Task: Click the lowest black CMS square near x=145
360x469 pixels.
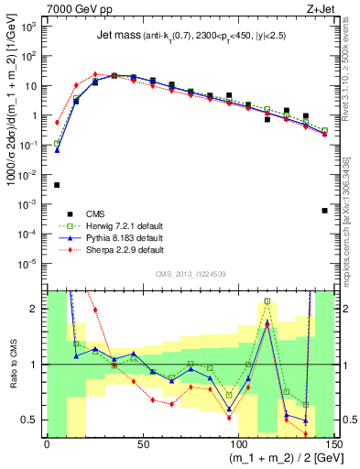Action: tap(325, 210)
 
